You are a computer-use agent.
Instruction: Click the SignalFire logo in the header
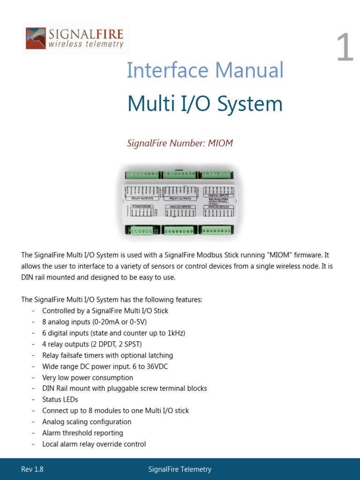(75, 38)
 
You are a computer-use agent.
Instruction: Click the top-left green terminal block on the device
(142, 175)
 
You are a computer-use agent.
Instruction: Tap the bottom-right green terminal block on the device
(215, 230)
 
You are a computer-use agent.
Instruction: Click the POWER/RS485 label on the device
(142, 206)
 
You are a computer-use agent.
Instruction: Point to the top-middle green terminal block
(179, 175)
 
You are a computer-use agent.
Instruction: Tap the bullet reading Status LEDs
(60, 399)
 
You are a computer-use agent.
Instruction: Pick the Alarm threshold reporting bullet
(82, 433)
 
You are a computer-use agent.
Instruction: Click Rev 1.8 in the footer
(32, 469)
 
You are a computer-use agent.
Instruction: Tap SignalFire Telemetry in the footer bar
(180, 469)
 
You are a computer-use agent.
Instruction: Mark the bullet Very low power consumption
(88, 378)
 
